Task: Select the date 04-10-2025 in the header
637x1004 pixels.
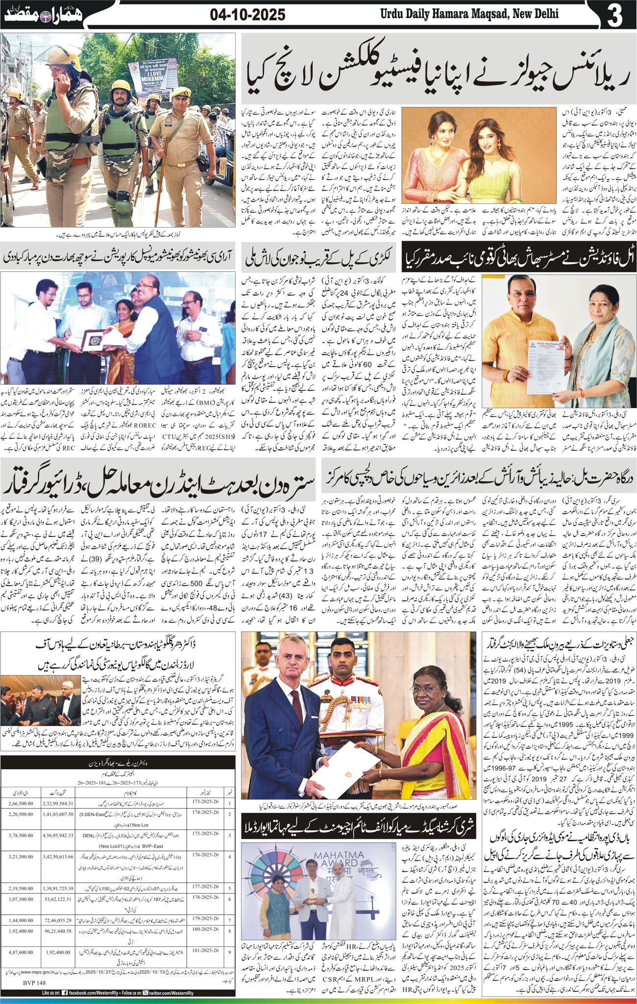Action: coord(247,15)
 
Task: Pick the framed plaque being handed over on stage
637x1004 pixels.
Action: coord(92,340)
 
